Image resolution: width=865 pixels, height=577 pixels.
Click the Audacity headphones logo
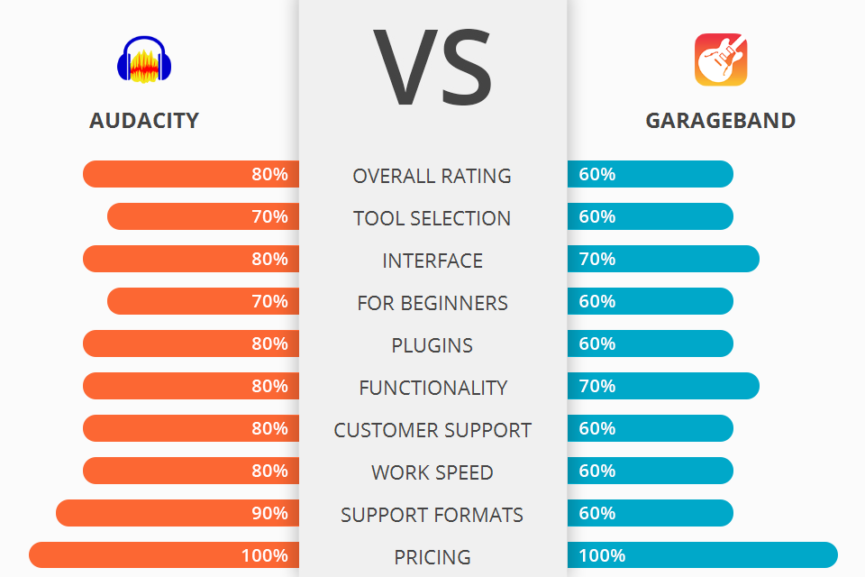tap(144, 60)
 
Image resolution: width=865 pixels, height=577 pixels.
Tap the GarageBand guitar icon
tap(721, 60)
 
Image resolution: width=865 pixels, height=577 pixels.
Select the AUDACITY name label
tap(144, 121)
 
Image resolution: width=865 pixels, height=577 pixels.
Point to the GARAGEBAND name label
tap(721, 121)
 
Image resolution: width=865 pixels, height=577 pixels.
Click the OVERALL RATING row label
tap(432, 176)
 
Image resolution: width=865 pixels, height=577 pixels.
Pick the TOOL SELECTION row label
tap(432, 218)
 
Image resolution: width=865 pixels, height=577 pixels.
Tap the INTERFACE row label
tap(432, 261)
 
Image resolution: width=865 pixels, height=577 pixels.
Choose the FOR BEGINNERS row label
tap(432, 303)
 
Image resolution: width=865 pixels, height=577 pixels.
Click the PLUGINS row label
tap(432, 345)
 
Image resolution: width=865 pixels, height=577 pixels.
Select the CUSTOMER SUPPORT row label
tap(432, 430)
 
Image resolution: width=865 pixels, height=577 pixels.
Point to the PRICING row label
tap(432, 557)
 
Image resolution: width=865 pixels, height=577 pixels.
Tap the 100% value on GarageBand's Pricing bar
tap(603, 555)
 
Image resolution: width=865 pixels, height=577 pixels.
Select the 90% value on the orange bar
tap(269, 513)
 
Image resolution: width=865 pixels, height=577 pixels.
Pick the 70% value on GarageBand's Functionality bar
tap(597, 386)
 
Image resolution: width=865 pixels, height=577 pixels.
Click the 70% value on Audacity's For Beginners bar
tap(269, 301)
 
